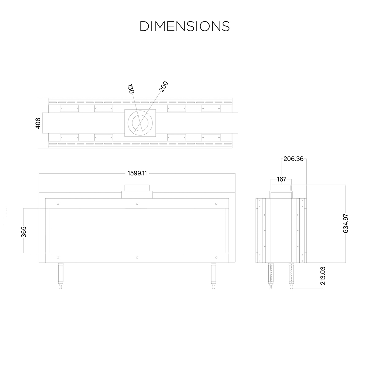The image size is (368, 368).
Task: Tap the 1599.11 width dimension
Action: point(137,173)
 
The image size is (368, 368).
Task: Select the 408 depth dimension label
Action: point(38,123)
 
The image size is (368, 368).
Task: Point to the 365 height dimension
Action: point(24,232)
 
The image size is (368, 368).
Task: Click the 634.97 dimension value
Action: point(346,224)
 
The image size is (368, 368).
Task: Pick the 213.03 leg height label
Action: point(323,276)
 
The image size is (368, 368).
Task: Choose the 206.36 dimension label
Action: point(293,159)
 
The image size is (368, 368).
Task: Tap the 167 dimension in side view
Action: point(282,179)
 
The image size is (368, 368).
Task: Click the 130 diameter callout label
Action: point(131,89)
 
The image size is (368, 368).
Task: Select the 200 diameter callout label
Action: point(164,86)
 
